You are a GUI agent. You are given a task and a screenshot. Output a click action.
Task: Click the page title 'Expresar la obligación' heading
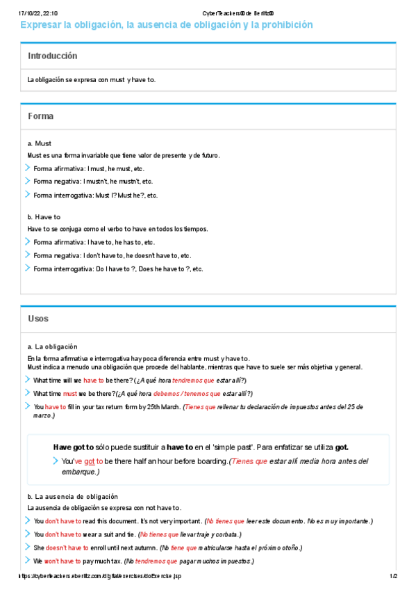pos(167,25)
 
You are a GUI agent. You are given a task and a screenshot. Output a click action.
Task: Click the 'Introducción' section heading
pos(52,56)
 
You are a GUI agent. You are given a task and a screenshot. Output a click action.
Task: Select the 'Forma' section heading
pos(40,117)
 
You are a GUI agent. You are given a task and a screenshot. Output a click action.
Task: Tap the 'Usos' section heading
pos(38,319)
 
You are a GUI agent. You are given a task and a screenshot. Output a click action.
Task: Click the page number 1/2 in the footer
pos(392,576)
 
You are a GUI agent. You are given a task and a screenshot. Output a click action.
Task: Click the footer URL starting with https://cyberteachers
pos(101,576)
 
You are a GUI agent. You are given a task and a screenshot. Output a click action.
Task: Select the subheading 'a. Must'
pos(39,143)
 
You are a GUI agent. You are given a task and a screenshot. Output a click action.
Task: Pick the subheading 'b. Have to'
pos(44,217)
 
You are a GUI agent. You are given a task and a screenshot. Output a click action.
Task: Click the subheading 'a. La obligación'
pos(52,346)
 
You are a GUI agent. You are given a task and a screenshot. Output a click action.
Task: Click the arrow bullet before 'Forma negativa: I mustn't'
pos(28,181)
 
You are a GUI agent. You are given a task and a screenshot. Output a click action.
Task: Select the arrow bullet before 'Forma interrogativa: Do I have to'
pos(28,269)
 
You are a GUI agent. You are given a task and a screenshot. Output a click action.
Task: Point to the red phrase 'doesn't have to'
pos(67,548)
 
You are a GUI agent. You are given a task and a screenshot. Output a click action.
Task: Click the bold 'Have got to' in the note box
pos(73,447)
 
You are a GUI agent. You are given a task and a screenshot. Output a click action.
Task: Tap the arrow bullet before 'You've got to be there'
pos(56,461)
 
